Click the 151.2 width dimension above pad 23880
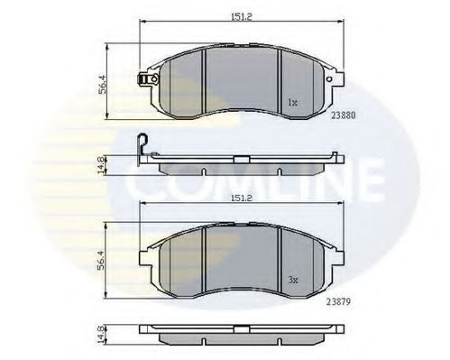click(x=240, y=14)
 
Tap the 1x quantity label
click(x=292, y=102)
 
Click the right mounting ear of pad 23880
click(x=336, y=80)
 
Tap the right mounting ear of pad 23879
click(x=336, y=254)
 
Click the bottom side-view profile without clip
click(x=241, y=339)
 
